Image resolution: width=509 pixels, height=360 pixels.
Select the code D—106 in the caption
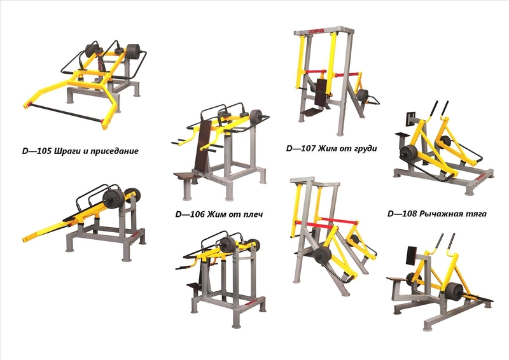tap(188, 214)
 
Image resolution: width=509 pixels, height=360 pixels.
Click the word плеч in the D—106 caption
tap(252, 214)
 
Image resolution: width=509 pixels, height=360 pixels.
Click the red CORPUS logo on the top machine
tap(316, 32)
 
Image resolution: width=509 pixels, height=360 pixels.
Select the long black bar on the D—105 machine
tap(66, 113)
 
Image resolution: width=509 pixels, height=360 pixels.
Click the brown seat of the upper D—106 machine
tap(186, 176)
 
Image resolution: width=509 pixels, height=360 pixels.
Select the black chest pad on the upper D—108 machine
tap(411, 117)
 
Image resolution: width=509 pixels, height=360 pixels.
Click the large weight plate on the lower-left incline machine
tap(113, 199)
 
